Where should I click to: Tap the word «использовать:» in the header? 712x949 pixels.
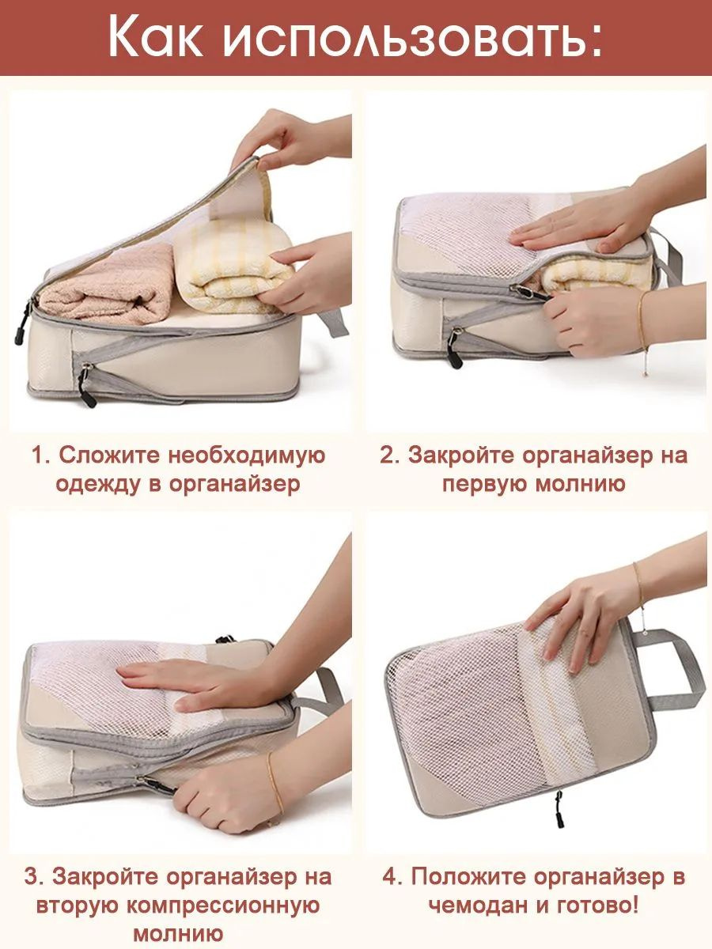tap(412, 39)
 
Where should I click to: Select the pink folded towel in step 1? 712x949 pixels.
tap(107, 285)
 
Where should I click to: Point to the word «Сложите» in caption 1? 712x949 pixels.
tap(109, 456)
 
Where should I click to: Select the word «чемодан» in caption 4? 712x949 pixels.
tap(479, 894)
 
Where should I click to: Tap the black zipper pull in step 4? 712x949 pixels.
tap(559, 808)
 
